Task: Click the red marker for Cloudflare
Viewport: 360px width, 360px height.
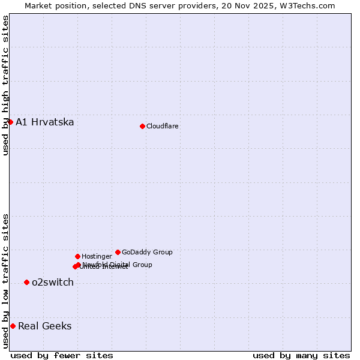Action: point(142,126)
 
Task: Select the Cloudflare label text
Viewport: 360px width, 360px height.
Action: point(162,126)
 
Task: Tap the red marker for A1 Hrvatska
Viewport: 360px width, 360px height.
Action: point(10,122)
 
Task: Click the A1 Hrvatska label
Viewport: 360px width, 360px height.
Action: point(44,122)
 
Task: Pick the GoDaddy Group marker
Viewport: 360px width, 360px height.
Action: point(118,252)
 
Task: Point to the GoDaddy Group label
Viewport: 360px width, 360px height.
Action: point(147,252)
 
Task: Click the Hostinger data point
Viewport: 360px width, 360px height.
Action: point(77,256)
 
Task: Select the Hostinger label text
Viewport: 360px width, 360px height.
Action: point(97,256)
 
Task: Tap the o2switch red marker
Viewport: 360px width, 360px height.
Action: point(26,282)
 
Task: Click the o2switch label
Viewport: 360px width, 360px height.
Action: point(52,283)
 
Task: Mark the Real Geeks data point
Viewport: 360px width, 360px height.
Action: point(13,326)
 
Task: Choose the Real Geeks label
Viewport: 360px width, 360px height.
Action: point(44,326)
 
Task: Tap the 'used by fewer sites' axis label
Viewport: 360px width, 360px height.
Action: point(62,355)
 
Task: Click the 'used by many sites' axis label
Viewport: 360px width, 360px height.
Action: point(301,355)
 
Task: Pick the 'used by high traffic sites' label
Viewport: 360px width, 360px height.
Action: point(5,85)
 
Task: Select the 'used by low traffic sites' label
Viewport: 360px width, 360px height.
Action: point(5,281)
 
